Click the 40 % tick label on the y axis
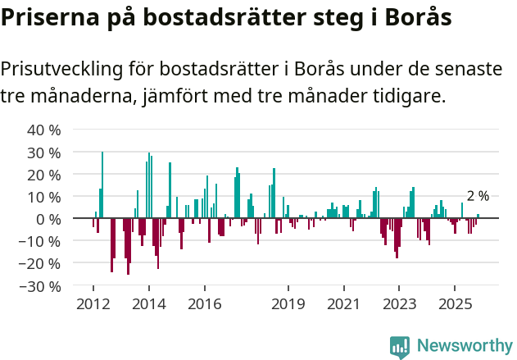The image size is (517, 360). pyautogui.click(x=43, y=130)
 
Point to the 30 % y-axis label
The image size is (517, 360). pyautogui.click(x=43, y=153)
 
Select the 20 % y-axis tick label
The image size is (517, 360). pyautogui.click(x=43, y=175)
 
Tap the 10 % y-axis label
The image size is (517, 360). pyautogui.click(x=43, y=197)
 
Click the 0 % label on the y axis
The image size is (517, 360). pyautogui.click(x=48, y=219)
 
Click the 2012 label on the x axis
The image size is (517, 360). pyautogui.click(x=93, y=304)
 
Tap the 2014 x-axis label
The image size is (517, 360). pyautogui.click(x=148, y=304)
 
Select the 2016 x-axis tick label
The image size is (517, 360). pyautogui.click(x=204, y=304)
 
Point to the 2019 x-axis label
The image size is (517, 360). pyautogui.click(x=288, y=304)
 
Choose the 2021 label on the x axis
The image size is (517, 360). pyautogui.click(x=343, y=304)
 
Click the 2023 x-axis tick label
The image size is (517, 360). pyautogui.click(x=399, y=304)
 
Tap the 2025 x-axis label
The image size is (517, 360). pyautogui.click(x=455, y=304)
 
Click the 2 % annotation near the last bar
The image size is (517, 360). pyautogui.click(x=478, y=196)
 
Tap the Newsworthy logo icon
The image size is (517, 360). pyautogui.click(x=400, y=346)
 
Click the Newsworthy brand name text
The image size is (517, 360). pyautogui.click(x=464, y=346)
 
